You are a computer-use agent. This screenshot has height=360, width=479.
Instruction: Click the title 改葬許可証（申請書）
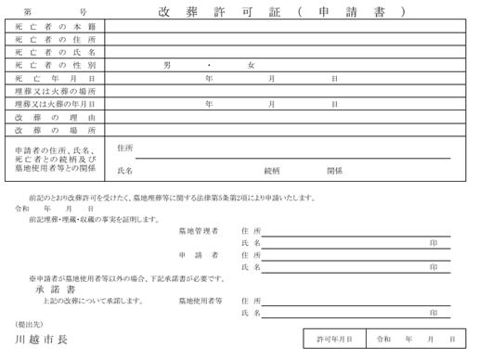[x=282, y=12]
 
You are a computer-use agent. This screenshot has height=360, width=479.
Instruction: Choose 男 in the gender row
[x=167, y=66]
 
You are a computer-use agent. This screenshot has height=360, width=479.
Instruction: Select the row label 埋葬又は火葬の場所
[x=56, y=92]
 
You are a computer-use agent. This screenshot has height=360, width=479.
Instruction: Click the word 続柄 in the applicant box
[x=272, y=171]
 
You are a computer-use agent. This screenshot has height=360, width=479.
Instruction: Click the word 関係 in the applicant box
[x=334, y=171]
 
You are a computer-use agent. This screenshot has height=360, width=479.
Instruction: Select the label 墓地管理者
[x=199, y=230]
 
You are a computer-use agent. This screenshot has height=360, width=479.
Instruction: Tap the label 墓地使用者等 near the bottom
[x=201, y=301]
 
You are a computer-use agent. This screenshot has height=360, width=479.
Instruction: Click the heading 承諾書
[x=43, y=289]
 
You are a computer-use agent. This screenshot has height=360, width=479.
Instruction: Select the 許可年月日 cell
[x=334, y=340]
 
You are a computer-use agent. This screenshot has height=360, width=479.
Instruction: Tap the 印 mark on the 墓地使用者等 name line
[x=434, y=314]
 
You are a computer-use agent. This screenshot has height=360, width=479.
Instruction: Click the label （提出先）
[x=30, y=324]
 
